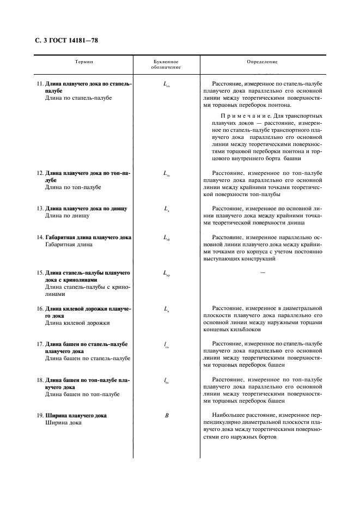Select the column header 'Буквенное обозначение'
click(167, 65)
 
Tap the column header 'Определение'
click(262, 62)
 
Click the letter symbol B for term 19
click(167, 416)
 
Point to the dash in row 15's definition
click(263, 272)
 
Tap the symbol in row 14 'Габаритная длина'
click(167, 238)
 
